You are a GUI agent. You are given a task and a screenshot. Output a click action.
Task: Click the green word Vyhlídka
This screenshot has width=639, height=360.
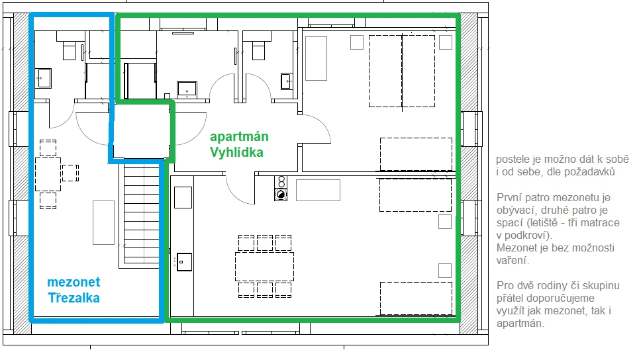point(236,152)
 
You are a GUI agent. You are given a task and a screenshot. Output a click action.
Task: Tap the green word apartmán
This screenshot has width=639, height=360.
point(239,137)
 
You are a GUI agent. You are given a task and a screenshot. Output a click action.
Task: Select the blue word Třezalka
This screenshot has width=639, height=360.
point(74,298)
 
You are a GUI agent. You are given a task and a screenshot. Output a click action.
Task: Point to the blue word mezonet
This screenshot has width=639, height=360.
point(74,282)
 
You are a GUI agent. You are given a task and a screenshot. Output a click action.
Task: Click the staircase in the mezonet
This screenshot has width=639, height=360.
point(141,214)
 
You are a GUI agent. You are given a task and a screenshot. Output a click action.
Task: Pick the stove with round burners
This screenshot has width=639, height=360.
point(281,188)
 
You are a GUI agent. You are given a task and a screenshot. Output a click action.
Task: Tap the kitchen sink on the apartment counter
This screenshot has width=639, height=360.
point(184,262)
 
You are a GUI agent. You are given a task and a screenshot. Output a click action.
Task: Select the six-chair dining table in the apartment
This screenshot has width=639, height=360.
point(264,266)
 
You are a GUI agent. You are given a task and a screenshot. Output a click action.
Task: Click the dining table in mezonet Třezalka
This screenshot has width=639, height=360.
point(48,174)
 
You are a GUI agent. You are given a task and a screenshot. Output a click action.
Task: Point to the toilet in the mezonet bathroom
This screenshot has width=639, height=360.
point(69,49)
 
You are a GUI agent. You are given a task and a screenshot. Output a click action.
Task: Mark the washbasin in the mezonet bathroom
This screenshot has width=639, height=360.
point(43,78)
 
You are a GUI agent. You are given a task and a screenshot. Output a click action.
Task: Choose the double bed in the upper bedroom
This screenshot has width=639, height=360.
point(402,71)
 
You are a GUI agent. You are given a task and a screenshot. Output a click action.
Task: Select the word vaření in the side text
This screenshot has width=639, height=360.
point(513,260)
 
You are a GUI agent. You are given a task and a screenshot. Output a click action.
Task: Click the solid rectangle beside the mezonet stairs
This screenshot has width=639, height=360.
point(103,222)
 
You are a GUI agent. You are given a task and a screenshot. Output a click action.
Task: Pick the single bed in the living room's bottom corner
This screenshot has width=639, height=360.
point(416,298)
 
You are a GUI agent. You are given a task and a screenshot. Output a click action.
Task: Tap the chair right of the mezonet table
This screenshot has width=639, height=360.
point(70,173)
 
